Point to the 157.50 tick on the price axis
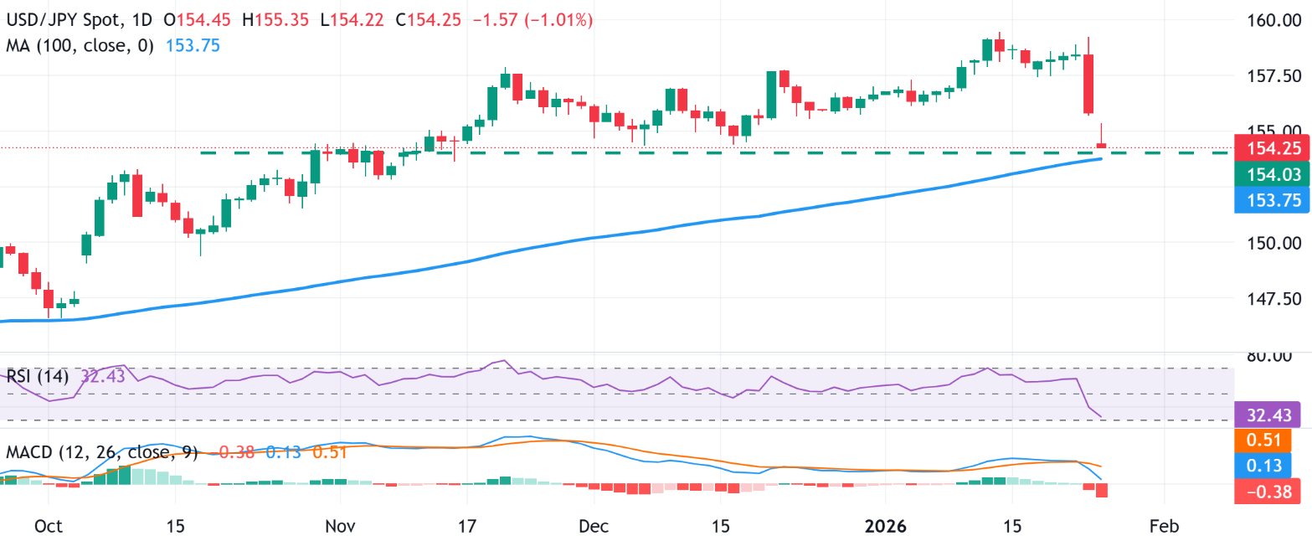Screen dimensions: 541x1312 1269,76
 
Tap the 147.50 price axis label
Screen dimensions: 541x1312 1269,299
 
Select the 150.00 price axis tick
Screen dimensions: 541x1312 1269,244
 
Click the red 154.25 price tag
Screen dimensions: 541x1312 1269,149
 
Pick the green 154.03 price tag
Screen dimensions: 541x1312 1269,174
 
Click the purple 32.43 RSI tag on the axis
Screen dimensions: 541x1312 1269,415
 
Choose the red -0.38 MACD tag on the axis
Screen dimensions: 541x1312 1269,491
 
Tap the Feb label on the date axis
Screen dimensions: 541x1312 1164,526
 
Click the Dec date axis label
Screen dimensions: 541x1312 592,526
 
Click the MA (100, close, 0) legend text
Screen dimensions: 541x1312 80,46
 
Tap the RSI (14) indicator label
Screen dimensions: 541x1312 41,377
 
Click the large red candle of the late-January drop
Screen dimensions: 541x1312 1088,84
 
